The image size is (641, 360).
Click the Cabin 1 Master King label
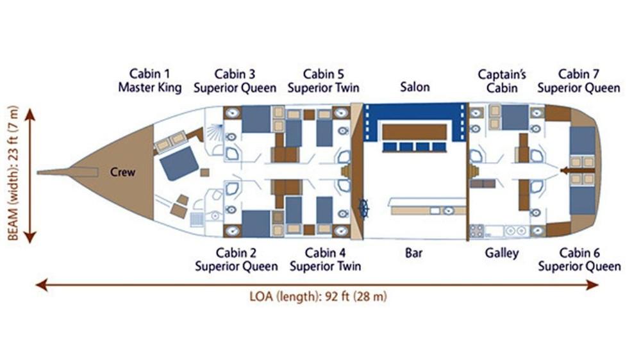click(150, 81)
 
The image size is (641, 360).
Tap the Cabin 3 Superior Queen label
click(235, 81)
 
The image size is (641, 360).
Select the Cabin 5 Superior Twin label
click(323, 81)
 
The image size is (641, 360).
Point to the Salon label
click(415, 86)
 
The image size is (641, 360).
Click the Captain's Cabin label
click(502, 81)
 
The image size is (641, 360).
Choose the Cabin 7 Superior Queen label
click(579, 81)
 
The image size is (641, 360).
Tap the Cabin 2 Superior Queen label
click(237, 259)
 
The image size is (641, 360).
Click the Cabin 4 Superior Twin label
click(326, 259)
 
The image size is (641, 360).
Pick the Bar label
click(413, 253)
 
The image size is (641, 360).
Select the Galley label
click(502, 254)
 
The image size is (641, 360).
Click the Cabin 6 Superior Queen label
click(579, 259)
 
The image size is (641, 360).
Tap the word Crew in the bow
click(122, 172)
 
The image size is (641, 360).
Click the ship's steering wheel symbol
click(363, 208)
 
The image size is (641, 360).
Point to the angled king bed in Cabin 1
click(179, 163)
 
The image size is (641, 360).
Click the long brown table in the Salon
click(414, 133)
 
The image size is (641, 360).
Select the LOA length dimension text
click(318, 296)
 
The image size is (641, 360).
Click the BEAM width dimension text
click(13, 173)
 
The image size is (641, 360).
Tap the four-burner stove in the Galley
click(477, 231)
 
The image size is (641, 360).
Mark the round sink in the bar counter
click(449, 211)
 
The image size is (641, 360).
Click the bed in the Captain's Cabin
click(515, 118)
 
